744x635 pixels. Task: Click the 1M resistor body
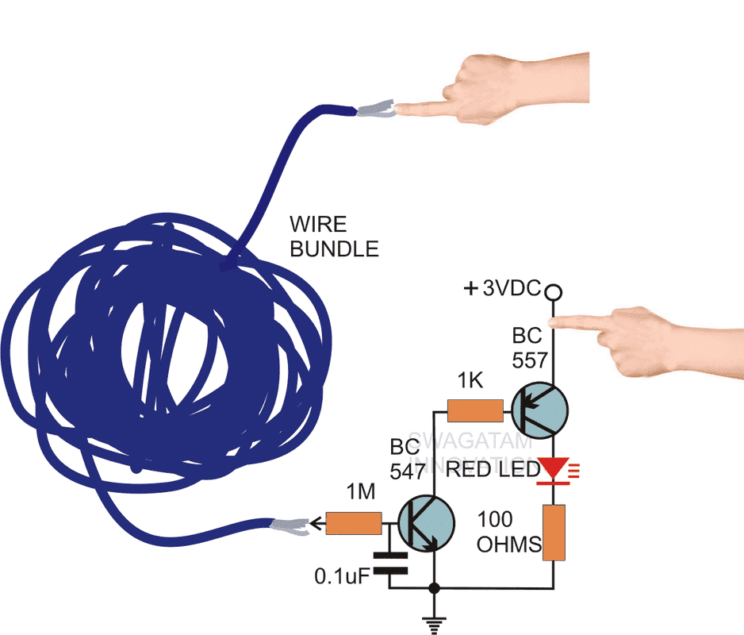coord(354,523)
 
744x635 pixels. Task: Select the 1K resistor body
coord(474,410)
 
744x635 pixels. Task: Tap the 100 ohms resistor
coord(553,532)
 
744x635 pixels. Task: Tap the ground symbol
coord(433,624)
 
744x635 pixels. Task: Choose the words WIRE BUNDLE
coord(333,237)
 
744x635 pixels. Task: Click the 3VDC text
coord(512,289)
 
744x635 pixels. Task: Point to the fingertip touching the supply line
coord(558,321)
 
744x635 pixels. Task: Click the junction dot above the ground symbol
coord(433,589)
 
